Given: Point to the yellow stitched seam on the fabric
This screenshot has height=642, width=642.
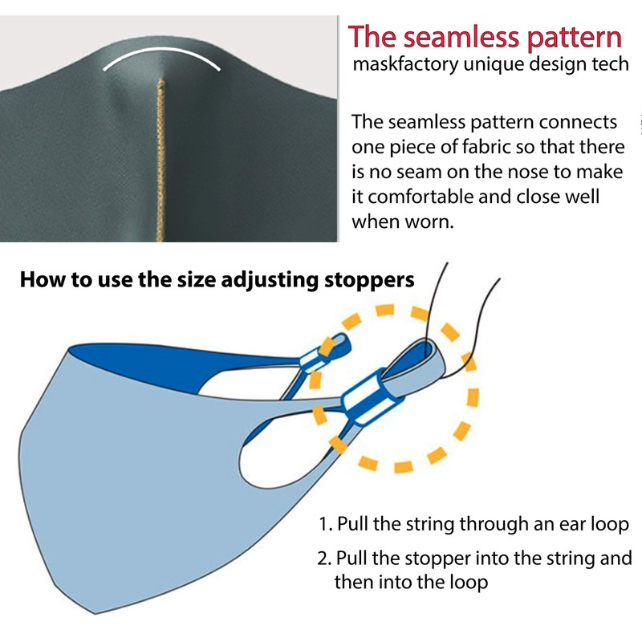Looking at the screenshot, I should coord(162,160).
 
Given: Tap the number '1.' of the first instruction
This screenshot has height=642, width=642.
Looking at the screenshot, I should coord(326,525).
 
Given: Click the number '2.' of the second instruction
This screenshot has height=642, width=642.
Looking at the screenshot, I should coord(326,558).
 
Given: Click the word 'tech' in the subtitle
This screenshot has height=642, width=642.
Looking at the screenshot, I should coord(611,65).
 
